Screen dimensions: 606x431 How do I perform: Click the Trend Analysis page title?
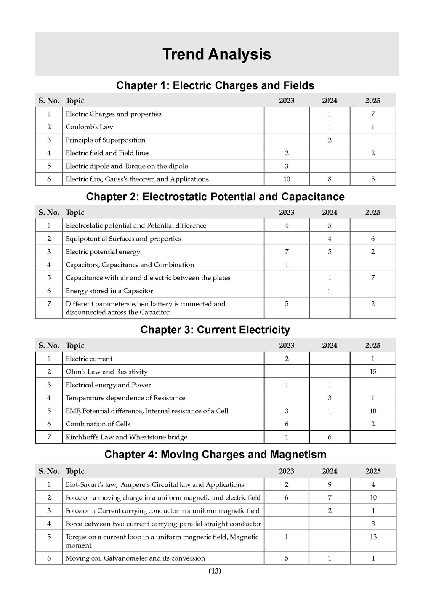click(x=217, y=54)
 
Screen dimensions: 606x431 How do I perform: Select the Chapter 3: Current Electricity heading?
click(x=215, y=330)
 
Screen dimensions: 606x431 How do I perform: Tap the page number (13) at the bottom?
click(x=215, y=571)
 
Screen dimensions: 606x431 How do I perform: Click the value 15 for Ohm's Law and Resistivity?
click(x=373, y=372)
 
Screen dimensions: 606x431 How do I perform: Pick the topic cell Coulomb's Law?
click(x=89, y=127)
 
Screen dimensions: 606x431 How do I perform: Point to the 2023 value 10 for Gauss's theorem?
click(x=287, y=179)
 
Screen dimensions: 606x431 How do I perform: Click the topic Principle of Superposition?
click(x=105, y=140)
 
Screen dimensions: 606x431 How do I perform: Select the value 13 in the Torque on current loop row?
click(x=373, y=537)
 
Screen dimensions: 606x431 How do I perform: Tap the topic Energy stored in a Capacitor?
click(x=109, y=291)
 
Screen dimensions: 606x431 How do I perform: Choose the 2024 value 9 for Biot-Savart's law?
click(x=330, y=484)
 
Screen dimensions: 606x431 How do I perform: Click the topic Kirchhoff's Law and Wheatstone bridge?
click(x=126, y=437)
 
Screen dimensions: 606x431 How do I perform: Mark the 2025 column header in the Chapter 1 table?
click(x=372, y=101)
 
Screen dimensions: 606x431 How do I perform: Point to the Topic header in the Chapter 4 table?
click(x=75, y=471)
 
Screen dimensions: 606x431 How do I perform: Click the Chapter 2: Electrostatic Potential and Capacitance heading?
click(x=215, y=197)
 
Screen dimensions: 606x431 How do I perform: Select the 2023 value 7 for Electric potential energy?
click(x=287, y=252)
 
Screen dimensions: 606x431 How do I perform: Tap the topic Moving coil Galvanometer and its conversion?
click(x=135, y=558)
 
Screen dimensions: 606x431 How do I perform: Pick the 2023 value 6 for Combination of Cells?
click(x=287, y=424)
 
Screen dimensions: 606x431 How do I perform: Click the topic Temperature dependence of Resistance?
click(x=125, y=398)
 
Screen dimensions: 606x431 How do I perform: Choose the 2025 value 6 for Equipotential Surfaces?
click(x=373, y=239)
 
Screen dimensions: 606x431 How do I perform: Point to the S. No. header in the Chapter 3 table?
click(x=49, y=346)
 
